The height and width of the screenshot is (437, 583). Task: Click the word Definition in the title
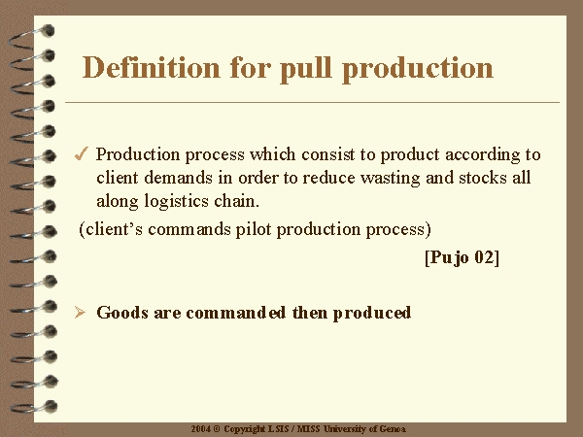151,67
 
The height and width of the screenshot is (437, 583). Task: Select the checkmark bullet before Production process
82,153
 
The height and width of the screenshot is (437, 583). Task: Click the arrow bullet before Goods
80,312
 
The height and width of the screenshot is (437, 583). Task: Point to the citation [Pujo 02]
462,257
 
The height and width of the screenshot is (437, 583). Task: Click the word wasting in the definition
391,178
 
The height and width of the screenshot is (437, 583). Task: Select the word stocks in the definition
483,178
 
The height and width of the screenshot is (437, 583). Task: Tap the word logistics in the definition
176,201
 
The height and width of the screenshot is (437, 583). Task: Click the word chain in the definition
236,201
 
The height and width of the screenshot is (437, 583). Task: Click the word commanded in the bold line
236,313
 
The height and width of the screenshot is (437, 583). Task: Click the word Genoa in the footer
393,429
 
